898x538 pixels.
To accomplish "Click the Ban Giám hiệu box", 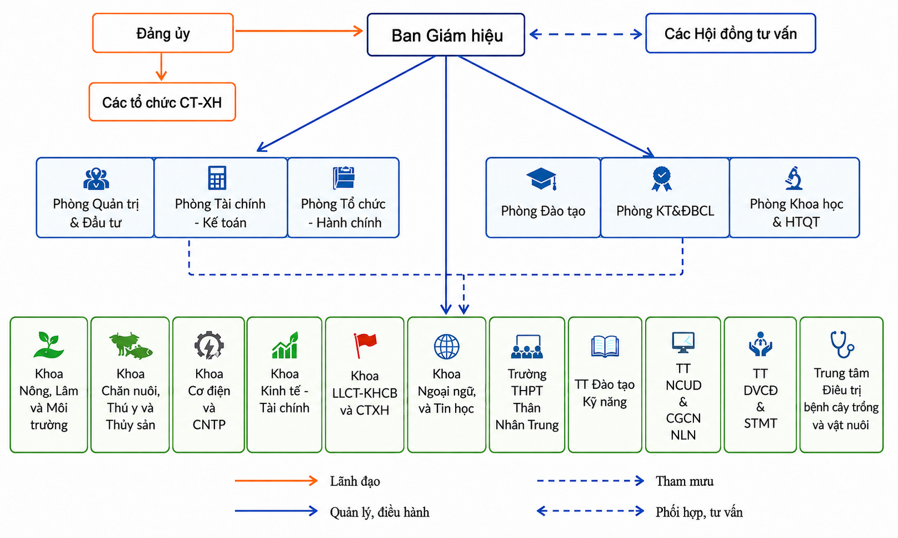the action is coord(446,34).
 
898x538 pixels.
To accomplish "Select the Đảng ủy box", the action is coord(163,33).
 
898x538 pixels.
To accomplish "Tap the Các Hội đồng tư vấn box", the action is coord(731,33).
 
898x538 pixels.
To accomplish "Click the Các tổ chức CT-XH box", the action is coord(162,102).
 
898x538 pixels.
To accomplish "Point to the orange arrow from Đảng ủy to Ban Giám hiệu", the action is coord(299,31).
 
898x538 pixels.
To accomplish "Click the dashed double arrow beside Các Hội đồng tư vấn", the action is coord(586,34).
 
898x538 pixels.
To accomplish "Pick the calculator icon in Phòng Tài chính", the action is coord(217,177).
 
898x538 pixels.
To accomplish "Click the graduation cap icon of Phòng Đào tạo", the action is coord(542,178).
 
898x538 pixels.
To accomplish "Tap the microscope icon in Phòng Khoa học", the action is coord(794,178).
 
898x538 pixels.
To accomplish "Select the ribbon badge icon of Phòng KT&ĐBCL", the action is coord(661,179).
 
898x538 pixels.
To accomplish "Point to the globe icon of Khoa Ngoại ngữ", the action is coord(447,346).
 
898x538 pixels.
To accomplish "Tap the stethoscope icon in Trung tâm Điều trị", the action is coord(841,344).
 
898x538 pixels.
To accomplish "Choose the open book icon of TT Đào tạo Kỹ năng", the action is coord(605,346).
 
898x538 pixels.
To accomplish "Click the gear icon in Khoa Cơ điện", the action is coord(209,345).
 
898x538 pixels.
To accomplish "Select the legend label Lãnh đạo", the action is coord(355,481).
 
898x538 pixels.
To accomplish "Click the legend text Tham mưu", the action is coord(685,481).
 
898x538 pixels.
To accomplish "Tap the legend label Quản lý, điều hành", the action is coord(379,512).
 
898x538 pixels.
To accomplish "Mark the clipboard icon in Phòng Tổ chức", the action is coord(344,177).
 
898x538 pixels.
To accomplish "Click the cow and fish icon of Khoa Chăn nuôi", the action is coord(131,345).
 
